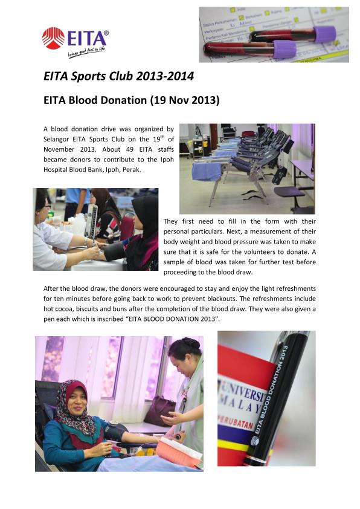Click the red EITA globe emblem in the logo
(53, 37)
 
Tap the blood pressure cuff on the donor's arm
(114, 430)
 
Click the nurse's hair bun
(190, 343)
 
